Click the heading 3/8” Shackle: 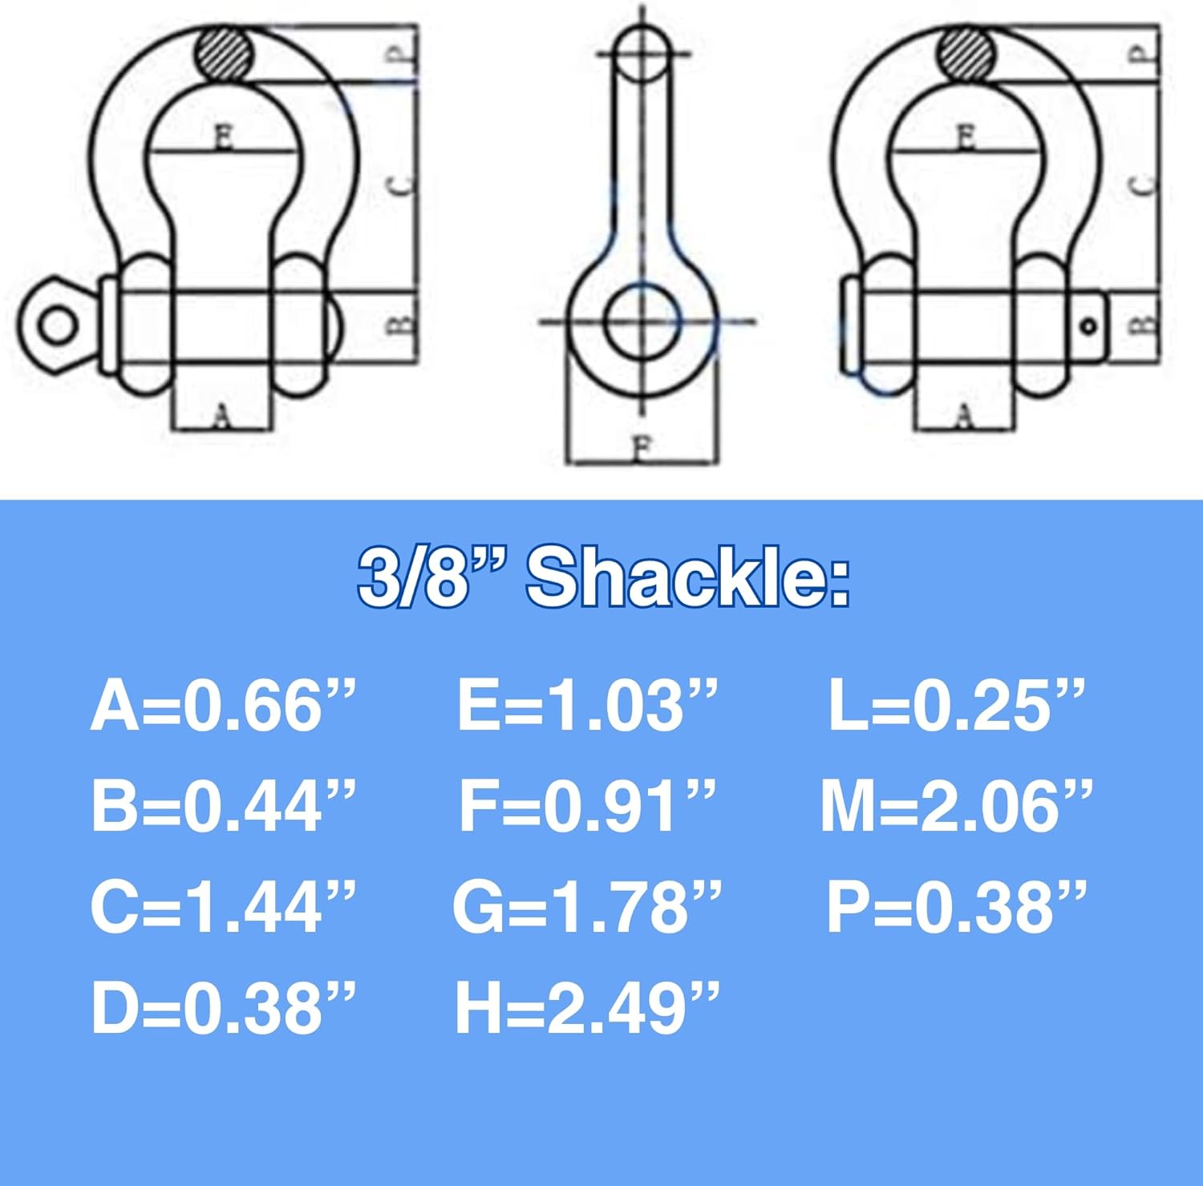(x=603, y=578)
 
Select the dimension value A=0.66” (x=223, y=706)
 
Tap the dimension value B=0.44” (x=223, y=806)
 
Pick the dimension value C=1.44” (x=223, y=907)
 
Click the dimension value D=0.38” (x=223, y=1008)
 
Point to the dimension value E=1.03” (x=587, y=706)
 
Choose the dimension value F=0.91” (x=587, y=806)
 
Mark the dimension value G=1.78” (x=587, y=907)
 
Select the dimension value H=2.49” (x=587, y=1008)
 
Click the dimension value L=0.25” (x=956, y=706)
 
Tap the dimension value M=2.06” (x=956, y=806)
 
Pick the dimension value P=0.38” (x=956, y=907)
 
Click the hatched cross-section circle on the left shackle (x=225, y=54)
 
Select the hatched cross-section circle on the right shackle (x=966, y=54)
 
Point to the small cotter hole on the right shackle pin (x=1088, y=326)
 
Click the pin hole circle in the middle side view (x=641, y=322)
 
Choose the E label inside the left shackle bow (x=224, y=138)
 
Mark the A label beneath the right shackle (x=966, y=415)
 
